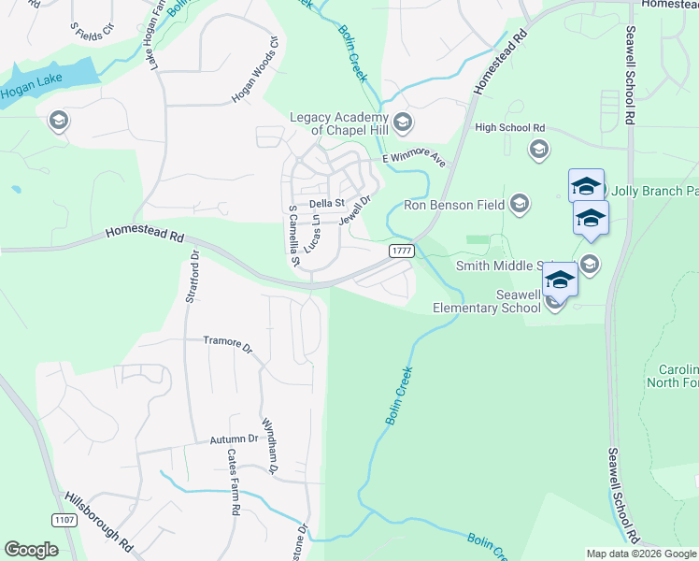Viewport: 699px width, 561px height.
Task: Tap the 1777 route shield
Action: [x=402, y=251]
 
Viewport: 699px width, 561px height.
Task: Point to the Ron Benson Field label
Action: [x=453, y=205]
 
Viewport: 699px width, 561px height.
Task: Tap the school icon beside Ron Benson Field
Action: [x=520, y=204]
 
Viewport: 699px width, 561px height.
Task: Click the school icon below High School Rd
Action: [x=538, y=149]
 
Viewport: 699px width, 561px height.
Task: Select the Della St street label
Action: [x=327, y=203]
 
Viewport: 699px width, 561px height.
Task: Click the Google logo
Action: [x=31, y=550]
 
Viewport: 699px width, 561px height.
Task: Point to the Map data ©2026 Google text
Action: [x=640, y=554]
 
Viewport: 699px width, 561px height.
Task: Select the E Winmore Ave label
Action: [x=415, y=160]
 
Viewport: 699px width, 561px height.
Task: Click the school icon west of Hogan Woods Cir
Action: [x=58, y=121]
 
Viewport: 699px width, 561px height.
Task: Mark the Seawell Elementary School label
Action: [x=486, y=301]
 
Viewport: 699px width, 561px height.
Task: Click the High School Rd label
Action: [x=509, y=128]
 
